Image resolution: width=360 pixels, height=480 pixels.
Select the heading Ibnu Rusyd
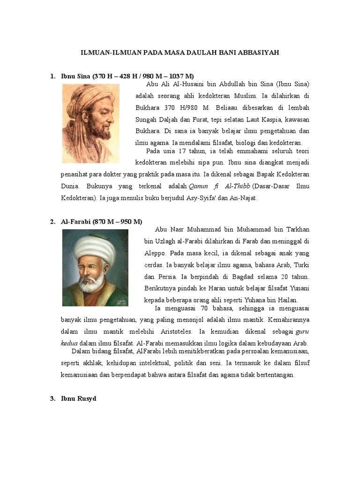[x=78, y=399]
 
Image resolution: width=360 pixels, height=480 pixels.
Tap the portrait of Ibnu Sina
[x=88, y=123]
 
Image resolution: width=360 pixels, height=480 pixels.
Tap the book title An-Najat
[x=242, y=198]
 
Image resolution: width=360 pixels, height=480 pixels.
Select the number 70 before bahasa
[x=204, y=308]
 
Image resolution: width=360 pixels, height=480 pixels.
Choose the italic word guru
[x=301, y=332]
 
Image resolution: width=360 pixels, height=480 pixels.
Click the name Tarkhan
[x=297, y=229]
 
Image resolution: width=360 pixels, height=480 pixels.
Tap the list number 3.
[x=52, y=399]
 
